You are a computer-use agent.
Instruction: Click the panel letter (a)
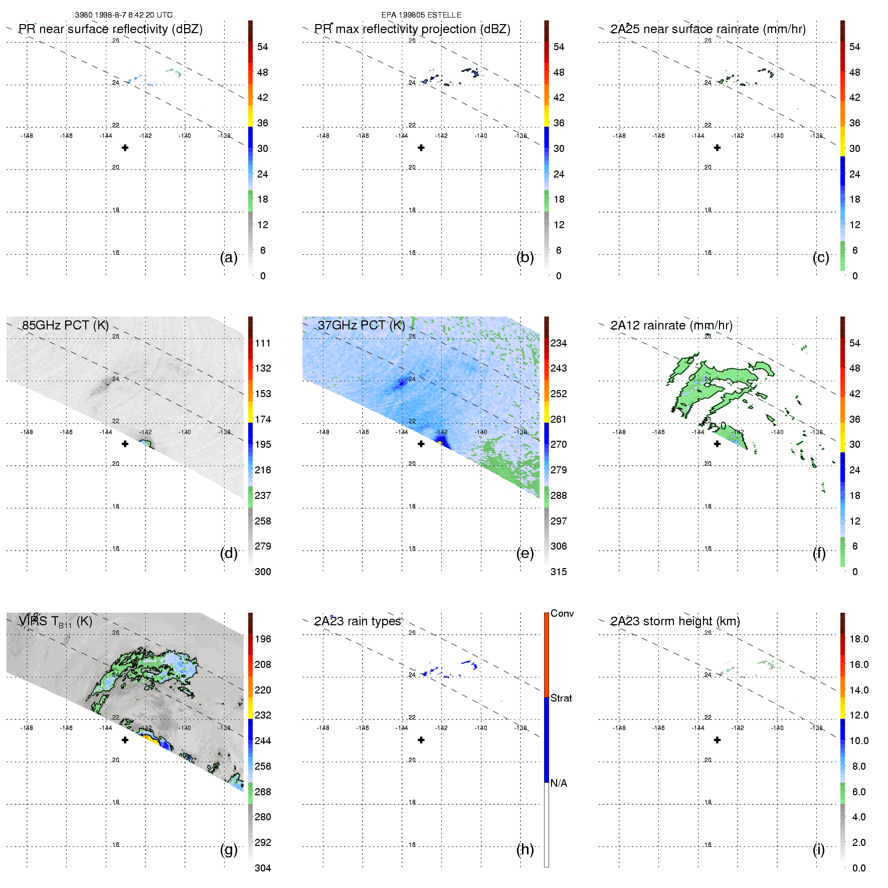click(x=228, y=258)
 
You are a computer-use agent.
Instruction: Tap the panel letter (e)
click(x=524, y=554)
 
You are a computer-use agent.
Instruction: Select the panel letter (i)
click(x=818, y=849)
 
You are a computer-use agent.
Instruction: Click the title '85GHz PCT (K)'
click(x=65, y=325)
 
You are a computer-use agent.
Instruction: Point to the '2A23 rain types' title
click(x=358, y=621)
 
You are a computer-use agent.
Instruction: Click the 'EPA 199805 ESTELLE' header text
click(x=421, y=15)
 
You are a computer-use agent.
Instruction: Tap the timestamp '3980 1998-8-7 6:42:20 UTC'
click(x=124, y=15)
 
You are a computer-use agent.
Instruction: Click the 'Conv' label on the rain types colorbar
click(x=562, y=613)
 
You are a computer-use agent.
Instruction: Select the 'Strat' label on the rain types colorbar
click(x=561, y=698)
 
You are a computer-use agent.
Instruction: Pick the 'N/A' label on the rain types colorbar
click(x=559, y=783)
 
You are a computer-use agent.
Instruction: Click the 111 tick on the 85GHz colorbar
click(x=263, y=343)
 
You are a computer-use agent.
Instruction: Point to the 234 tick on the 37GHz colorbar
click(x=559, y=343)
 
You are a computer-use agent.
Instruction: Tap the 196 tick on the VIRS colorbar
click(x=263, y=639)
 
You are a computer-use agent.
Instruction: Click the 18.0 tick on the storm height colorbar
click(x=858, y=639)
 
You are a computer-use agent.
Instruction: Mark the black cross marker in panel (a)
click(x=125, y=147)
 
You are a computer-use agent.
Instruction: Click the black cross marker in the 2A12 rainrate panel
click(x=717, y=444)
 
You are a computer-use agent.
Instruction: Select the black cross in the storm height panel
click(x=717, y=740)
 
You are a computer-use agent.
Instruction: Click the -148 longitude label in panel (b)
click(x=323, y=136)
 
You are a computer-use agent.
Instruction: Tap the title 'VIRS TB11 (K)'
click(x=55, y=622)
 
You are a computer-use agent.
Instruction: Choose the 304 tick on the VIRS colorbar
click(x=263, y=868)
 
